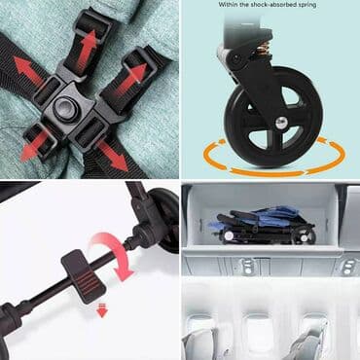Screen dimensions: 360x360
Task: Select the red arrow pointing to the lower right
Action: [113, 157]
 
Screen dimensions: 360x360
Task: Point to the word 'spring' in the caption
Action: [306, 5]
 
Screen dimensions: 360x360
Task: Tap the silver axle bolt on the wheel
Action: [280, 123]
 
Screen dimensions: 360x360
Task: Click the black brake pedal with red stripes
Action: [84, 276]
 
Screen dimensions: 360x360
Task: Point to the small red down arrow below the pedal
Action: [102, 311]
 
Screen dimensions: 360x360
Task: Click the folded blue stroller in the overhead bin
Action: [262, 226]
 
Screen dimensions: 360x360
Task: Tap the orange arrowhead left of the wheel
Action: [222, 142]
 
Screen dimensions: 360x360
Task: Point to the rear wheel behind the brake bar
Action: [165, 221]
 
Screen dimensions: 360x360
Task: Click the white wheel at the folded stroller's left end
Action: [228, 235]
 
